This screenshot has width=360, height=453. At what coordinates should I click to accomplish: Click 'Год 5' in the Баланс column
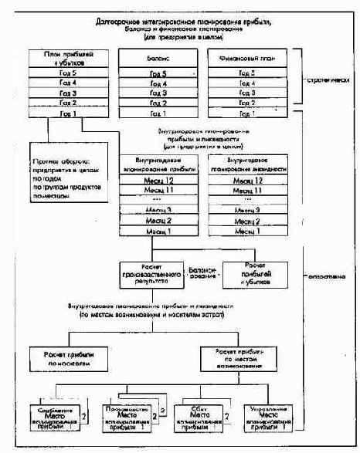pyautogui.click(x=160, y=73)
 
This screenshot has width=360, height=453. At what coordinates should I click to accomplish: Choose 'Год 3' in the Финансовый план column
pyautogui.click(x=250, y=93)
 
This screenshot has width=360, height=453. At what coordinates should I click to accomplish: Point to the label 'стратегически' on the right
pyautogui.click(x=327, y=79)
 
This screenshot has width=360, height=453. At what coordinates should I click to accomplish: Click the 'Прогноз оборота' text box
pyautogui.click(x=68, y=181)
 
